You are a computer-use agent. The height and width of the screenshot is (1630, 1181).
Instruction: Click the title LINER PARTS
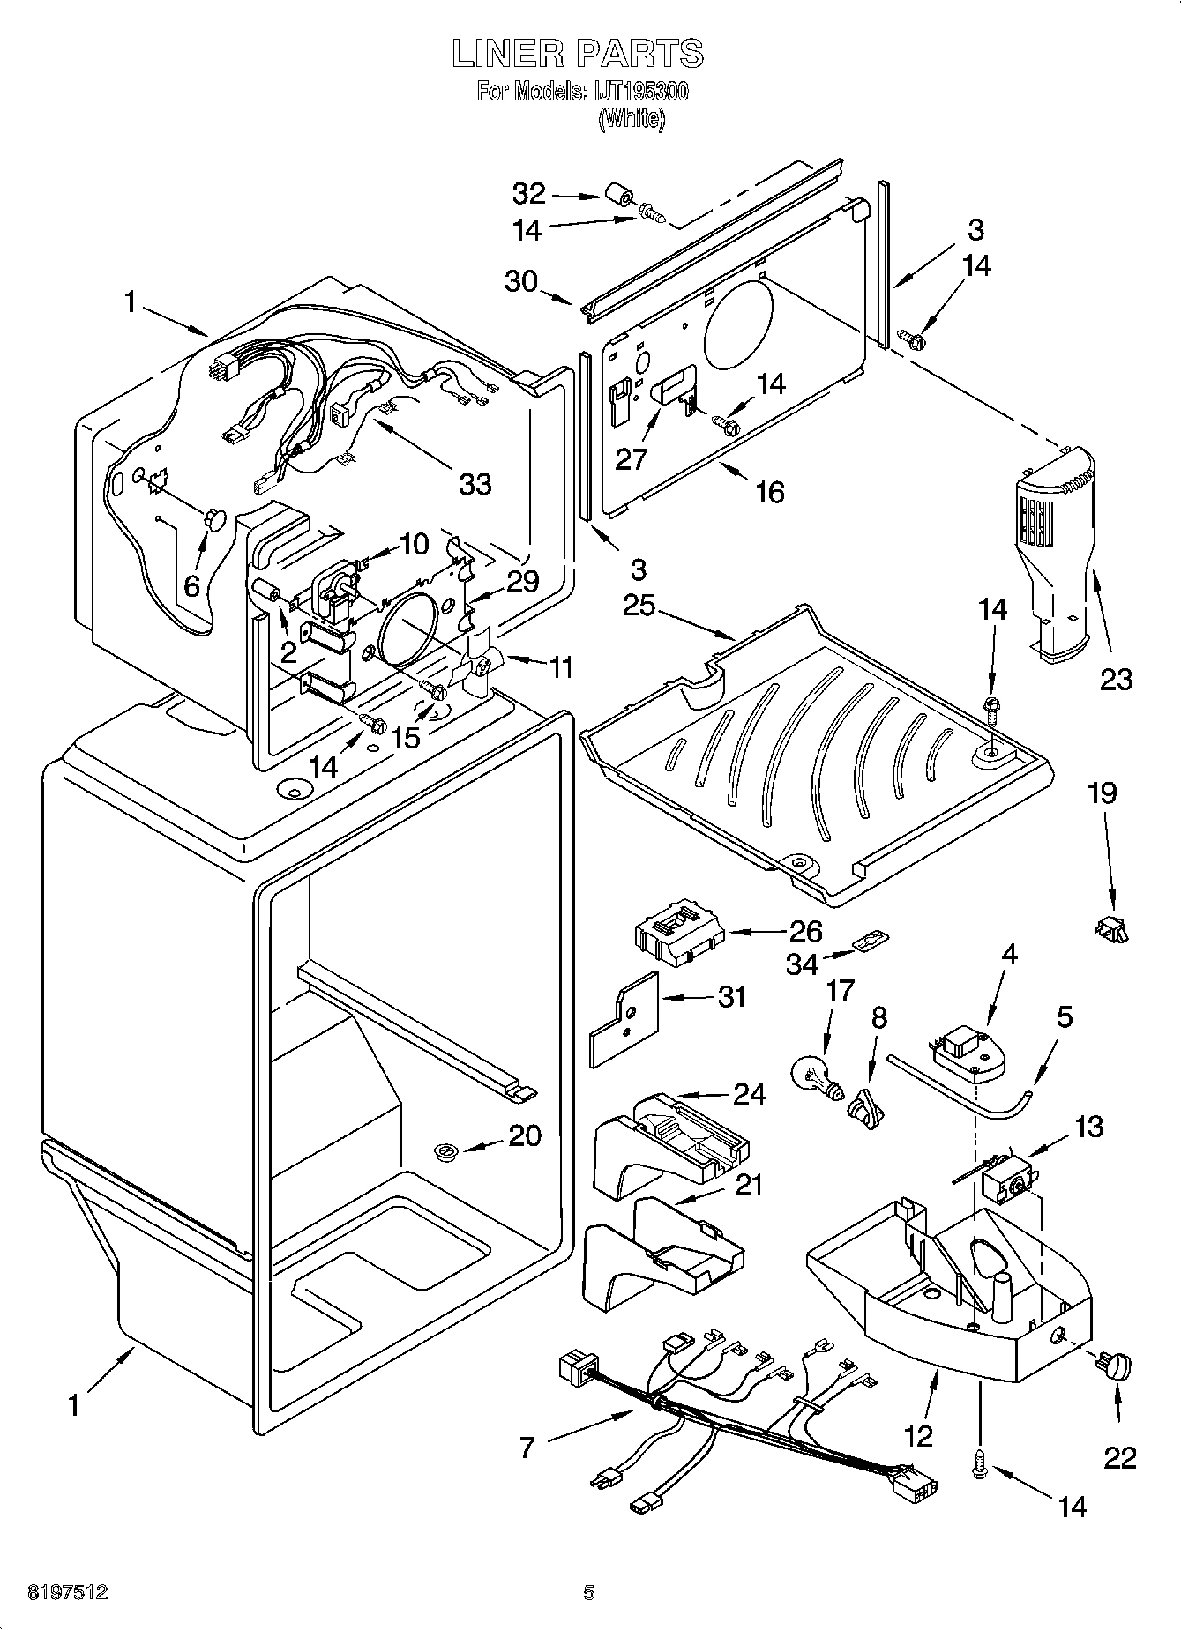pos(578,55)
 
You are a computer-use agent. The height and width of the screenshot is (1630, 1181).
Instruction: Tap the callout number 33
pos(475,484)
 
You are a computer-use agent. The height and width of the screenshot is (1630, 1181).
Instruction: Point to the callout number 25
pos(639,607)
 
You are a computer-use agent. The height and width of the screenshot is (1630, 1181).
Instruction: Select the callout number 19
pos(1102,793)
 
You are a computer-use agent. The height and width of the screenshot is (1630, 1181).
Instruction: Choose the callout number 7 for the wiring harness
pos(527,1448)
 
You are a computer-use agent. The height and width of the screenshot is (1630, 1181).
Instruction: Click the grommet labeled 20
pos(446,1150)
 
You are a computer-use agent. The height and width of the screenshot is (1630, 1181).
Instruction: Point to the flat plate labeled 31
pos(624,1020)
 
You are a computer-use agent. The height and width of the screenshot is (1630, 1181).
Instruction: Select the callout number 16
pos(769,492)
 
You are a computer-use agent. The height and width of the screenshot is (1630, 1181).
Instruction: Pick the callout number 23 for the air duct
pos(1115,679)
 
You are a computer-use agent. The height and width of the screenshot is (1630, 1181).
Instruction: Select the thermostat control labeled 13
pos(1008,1179)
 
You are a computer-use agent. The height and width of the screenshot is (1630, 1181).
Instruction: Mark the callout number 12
pos(917,1436)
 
